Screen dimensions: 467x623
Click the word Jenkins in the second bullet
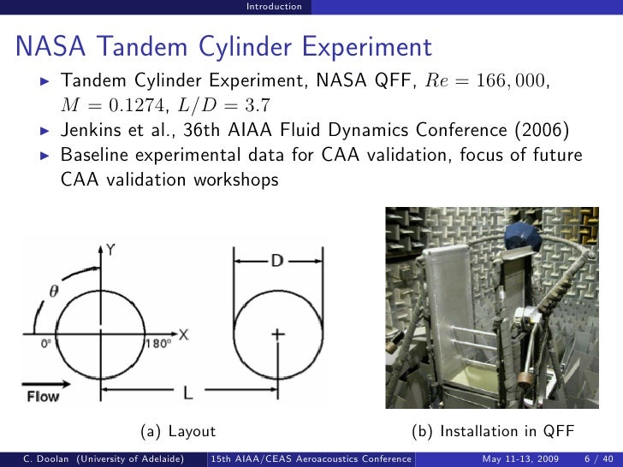94,131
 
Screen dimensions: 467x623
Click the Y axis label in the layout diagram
110,249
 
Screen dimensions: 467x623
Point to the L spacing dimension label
187,393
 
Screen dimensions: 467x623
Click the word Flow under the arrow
43,397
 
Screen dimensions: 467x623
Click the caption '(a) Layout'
178,432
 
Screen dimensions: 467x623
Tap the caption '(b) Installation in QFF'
491,432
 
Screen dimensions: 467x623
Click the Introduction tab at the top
274,7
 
